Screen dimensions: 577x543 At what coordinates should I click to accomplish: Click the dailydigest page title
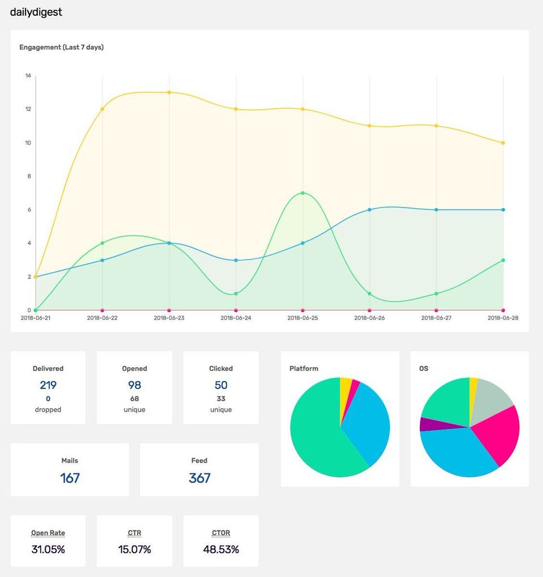point(36,12)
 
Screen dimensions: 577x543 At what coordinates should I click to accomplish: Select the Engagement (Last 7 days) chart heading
point(61,48)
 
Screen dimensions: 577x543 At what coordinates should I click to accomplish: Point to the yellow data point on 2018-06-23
point(169,92)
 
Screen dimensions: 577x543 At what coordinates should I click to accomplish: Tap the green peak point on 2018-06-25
point(303,193)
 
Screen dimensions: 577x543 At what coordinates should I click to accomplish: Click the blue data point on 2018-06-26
point(369,209)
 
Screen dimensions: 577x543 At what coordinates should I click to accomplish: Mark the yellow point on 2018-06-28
point(503,143)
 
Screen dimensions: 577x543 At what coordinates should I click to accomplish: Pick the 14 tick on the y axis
point(28,76)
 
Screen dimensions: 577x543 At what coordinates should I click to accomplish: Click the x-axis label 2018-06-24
point(236,318)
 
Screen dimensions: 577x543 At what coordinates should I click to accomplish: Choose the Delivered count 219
point(48,385)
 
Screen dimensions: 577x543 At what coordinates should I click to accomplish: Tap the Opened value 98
point(135,385)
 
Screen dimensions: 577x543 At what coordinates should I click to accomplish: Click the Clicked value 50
point(221,385)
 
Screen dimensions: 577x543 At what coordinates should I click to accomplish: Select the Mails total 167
point(70,478)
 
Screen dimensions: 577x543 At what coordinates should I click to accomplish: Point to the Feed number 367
point(199,478)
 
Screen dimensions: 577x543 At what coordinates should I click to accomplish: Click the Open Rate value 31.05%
point(48,549)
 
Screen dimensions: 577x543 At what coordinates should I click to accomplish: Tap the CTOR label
point(221,533)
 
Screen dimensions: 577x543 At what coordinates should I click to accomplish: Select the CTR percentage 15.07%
point(135,549)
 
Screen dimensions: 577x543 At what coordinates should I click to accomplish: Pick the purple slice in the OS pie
point(427,424)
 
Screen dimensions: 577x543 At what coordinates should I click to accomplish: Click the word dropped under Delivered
point(48,410)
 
